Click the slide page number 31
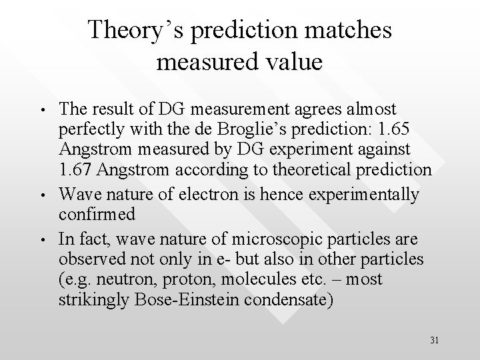pyautogui.click(x=434, y=340)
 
